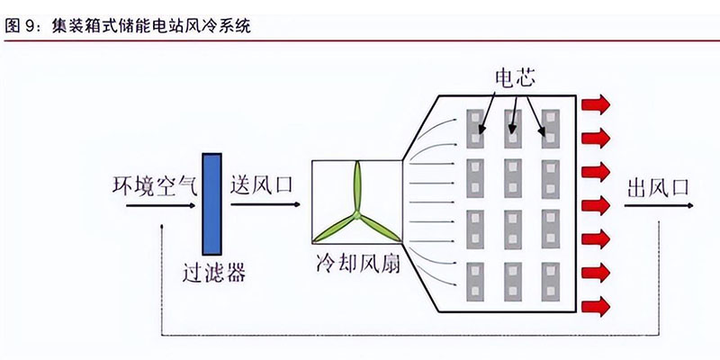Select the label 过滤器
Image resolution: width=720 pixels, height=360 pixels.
213,270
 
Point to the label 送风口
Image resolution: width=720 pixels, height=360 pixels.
260,186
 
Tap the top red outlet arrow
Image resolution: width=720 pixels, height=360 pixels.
594,104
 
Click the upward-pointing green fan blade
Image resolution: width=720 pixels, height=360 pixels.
356,187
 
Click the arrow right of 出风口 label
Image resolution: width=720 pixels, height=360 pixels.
657,205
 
